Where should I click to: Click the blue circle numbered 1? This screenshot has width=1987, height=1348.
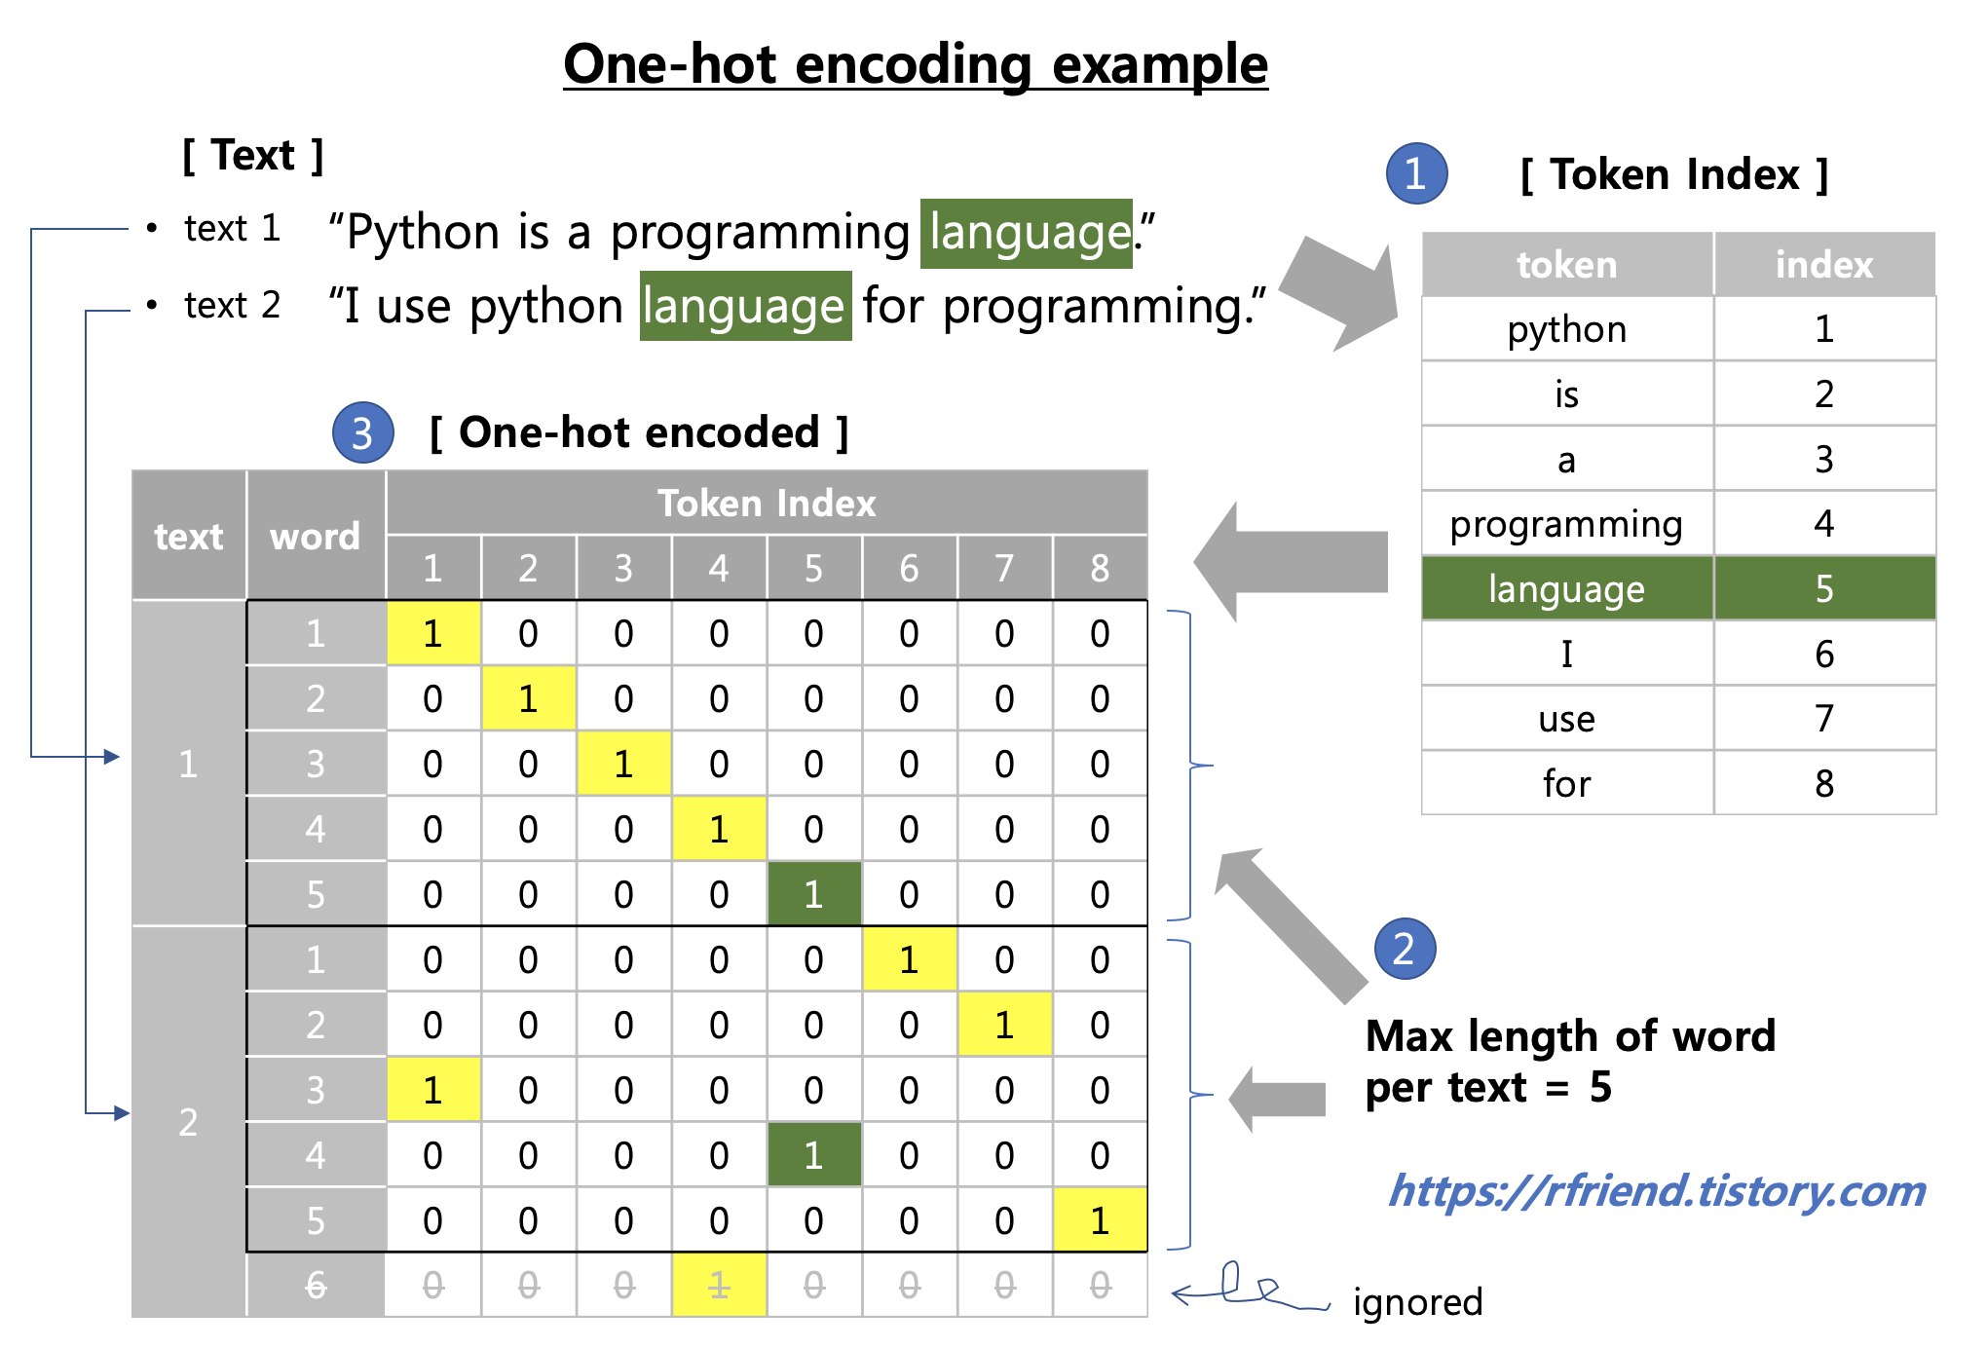(x=1416, y=173)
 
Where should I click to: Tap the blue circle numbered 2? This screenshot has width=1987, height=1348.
(x=1404, y=949)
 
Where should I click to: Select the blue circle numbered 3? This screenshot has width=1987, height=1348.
(x=362, y=432)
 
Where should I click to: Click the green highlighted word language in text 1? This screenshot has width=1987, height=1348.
(x=1027, y=233)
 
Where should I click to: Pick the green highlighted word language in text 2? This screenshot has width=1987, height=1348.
(x=745, y=306)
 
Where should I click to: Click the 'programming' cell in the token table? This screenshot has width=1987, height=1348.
(x=1566, y=524)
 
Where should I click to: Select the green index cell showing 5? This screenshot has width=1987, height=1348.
(x=1823, y=588)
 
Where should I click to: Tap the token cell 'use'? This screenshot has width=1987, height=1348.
(x=1566, y=719)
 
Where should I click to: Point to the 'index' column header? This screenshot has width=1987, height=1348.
(x=1823, y=265)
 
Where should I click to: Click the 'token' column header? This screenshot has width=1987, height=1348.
(x=1566, y=265)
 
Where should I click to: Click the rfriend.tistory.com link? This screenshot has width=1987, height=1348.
(x=1657, y=1191)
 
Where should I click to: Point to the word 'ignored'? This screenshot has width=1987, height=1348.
(x=1417, y=1302)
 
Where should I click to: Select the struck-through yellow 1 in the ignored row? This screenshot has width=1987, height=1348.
(x=719, y=1286)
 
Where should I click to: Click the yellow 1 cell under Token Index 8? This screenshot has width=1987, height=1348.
(x=1100, y=1220)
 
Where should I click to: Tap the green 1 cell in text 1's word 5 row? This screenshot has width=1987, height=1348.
(x=813, y=894)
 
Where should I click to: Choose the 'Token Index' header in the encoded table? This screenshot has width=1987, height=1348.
(x=767, y=504)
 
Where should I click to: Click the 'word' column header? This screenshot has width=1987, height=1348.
(x=315, y=536)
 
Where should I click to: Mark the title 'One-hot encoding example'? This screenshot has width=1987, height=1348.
(x=916, y=65)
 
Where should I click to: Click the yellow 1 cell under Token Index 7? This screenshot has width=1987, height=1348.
(x=1004, y=1025)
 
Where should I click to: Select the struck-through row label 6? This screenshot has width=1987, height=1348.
(x=315, y=1286)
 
